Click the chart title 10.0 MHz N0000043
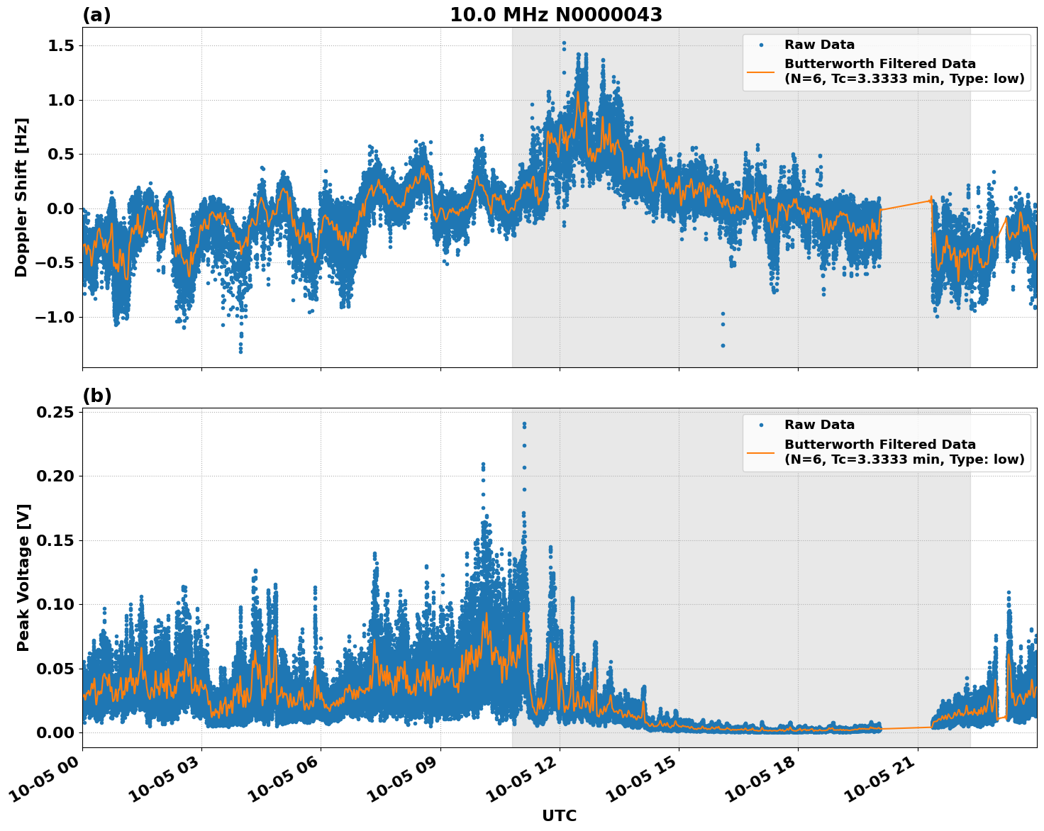tap(556, 15)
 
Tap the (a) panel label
tap(96, 15)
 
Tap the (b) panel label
tap(96, 396)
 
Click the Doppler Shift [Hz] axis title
tap(21, 197)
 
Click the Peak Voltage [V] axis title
tap(23, 577)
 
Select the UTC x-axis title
tap(559, 815)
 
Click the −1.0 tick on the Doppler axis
tap(54, 317)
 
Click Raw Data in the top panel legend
tap(819, 45)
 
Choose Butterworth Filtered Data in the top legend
tap(879, 65)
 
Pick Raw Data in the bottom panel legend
tap(819, 425)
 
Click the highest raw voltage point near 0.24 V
tap(524, 424)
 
